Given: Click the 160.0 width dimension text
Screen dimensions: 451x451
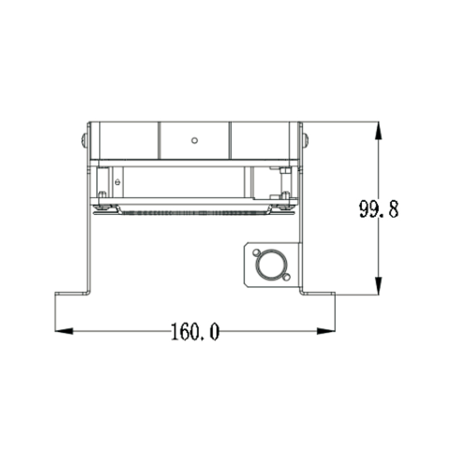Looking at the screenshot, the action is (195, 331).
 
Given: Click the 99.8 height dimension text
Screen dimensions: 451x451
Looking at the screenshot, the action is (379, 209).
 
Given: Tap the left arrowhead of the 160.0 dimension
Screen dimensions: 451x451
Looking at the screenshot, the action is (64, 331).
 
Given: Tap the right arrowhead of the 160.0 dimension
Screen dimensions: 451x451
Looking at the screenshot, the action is (326, 331).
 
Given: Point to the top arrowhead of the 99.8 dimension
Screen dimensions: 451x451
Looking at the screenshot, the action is (378, 131).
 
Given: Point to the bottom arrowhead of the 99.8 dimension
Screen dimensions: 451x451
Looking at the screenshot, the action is (378, 286).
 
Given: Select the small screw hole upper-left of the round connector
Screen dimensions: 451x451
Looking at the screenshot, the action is (256, 253).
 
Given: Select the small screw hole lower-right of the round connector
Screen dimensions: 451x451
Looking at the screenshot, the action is (286, 277).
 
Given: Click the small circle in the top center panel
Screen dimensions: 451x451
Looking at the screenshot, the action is (194, 140).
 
